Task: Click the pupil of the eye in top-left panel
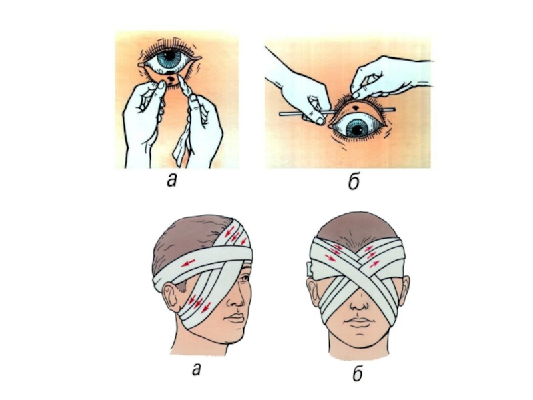pos(169,55)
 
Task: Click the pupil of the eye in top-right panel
pos(357,130)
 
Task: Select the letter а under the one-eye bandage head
pos(196,369)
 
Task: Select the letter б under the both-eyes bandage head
pos(357,373)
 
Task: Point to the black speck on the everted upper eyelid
pos(355,108)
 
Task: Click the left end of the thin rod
pos(280,114)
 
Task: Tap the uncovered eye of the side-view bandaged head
pos(244,279)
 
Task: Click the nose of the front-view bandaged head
pos(359,305)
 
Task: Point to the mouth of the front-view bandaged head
pos(358,323)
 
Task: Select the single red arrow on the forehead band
pos(188,263)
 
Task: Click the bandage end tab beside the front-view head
pos(310,269)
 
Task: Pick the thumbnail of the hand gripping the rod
pos(320,121)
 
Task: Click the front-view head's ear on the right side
pos(404,289)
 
